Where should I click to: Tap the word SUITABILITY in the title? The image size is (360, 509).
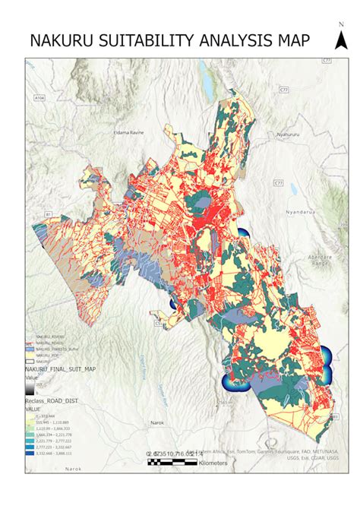[150, 42]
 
